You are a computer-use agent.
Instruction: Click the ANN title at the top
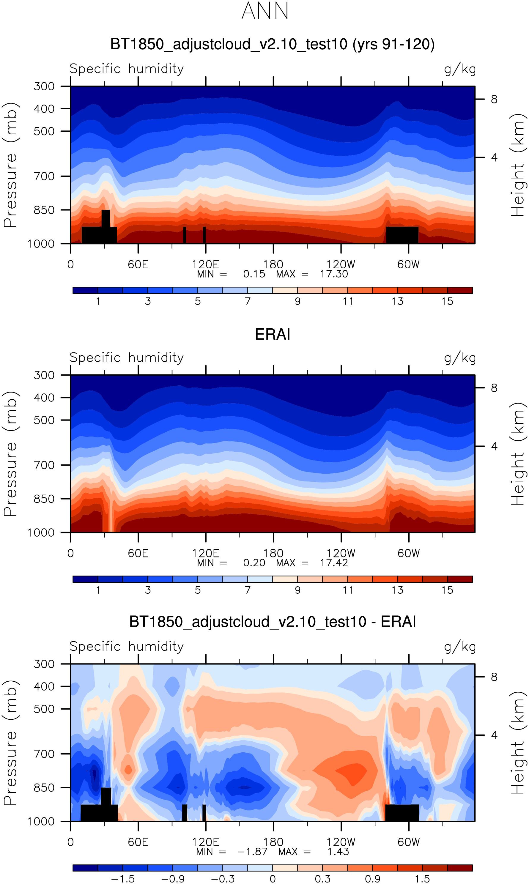(x=265, y=11)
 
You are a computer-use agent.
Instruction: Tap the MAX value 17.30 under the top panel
(x=334, y=274)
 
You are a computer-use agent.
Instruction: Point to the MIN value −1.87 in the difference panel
(x=252, y=852)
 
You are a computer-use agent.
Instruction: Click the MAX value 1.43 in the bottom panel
(x=338, y=852)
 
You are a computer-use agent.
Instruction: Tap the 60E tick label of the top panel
(x=138, y=264)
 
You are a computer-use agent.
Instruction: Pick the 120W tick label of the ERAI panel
(x=341, y=553)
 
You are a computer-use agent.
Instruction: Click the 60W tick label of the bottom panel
(x=409, y=842)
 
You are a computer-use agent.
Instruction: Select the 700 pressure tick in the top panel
(x=44, y=176)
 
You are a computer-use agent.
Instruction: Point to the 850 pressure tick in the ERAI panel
(x=44, y=499)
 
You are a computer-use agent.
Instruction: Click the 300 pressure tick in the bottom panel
(x=44, y=664)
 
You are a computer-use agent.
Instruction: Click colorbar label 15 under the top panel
(x=447, y=301)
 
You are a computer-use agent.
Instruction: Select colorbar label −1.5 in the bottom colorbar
(x=123, y=879)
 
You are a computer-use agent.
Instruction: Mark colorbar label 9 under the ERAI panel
(x=298, y=590)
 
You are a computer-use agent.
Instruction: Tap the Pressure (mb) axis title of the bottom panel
(x=11, y=743)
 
